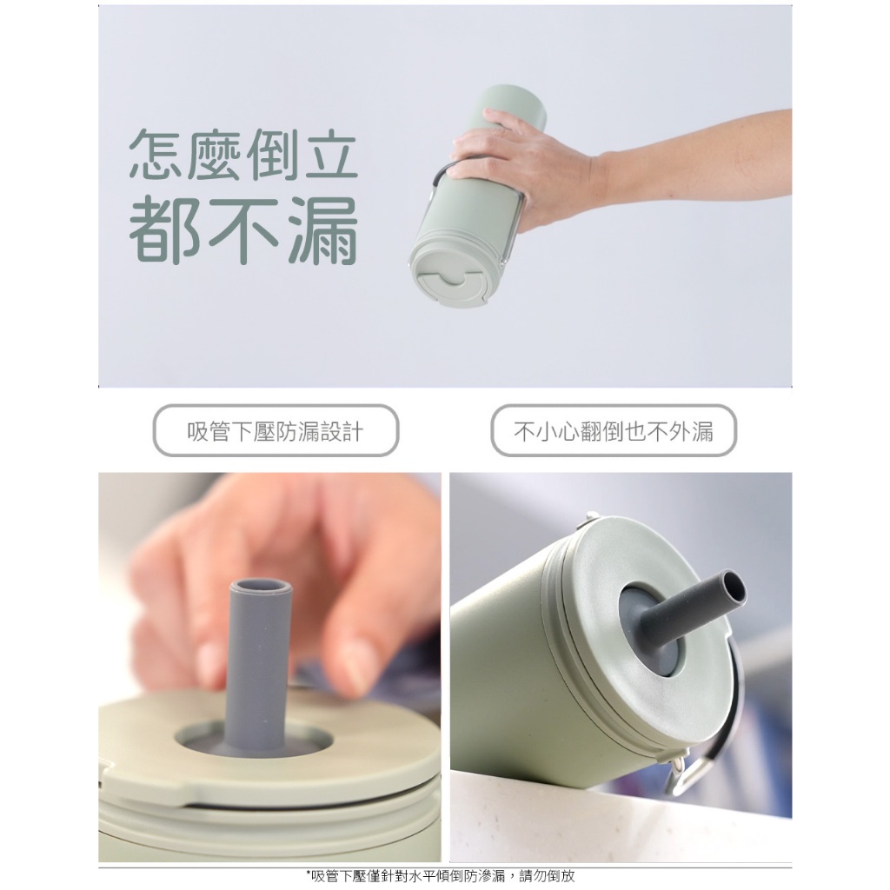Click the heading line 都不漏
(x=243, y=231)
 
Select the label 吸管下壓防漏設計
(x=276, y=432)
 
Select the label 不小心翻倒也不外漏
(x=614, y=432)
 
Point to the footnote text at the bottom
(x=441, y=876)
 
